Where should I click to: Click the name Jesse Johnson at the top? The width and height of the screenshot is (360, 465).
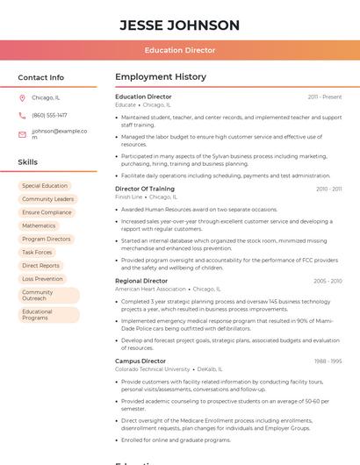(x=179, y=25)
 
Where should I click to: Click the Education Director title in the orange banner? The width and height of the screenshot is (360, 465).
(x=179, y=50)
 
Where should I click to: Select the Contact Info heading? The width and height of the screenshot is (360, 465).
(x=41, y=77)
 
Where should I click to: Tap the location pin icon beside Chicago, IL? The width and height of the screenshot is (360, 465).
(x=22, y=97)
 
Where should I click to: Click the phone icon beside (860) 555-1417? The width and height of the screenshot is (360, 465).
(x=22, y=115)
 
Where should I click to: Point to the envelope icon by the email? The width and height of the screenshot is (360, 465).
(x=22, y=134)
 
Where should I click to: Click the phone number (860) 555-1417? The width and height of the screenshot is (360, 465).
(x=49, y=115)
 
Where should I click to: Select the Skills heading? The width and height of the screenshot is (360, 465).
(x=28, y=162)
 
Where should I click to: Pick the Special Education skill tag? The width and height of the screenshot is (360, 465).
(x=45, y=186)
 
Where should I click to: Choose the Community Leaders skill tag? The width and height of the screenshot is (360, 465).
(x=48, y=199)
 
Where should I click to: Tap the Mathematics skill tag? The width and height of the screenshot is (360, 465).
(x=39, y=225)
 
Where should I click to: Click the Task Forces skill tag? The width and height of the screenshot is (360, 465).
(x=37, y=252)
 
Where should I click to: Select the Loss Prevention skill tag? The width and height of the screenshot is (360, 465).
(x=42, y=279)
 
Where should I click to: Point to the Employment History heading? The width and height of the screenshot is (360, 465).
(x=161, y=77)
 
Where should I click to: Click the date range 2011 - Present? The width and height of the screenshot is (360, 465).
(x=325, y=97)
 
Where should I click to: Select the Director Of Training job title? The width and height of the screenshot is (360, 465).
(x=145, y=189)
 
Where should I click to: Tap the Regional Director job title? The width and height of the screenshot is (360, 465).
(x=141, y=281)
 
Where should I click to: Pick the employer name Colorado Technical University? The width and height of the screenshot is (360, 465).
(x=152, y=369)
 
